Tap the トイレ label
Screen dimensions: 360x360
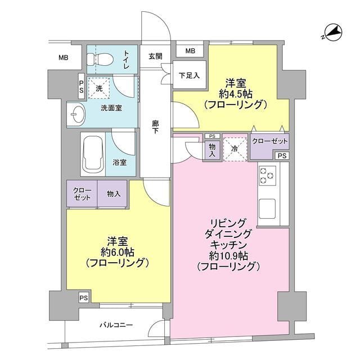(127, 60)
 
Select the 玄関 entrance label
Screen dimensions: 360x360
(155, 56)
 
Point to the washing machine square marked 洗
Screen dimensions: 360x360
(99, 88)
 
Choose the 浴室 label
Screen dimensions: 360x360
(120, 163)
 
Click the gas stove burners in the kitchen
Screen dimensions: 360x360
(266, 176)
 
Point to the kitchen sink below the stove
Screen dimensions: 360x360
(266, 209)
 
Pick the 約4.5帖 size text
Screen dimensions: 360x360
(235, 93)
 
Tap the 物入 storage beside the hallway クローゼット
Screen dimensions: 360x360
(113, 194)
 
